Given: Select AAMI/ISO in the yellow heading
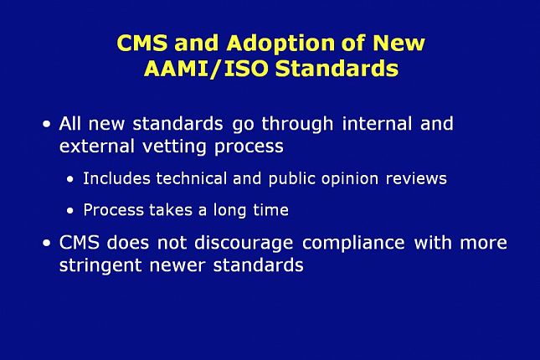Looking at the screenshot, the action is [x=206, y=69].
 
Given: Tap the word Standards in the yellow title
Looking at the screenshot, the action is [x=337, y=68].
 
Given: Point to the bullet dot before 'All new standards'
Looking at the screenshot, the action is [x=47, y=124].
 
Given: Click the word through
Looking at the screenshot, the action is [x=297, y=125].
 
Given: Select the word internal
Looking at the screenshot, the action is [x=377, y=124].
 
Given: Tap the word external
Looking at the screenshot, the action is [x=97, y=146].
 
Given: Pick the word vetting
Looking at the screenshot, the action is [x=174, y=147].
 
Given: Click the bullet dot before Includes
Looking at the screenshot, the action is [x=70, y=179].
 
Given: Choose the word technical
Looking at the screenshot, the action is [x=192, y=178].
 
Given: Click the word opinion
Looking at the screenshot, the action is [x=350, y=179].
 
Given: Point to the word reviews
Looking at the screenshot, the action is [x=416, y=179].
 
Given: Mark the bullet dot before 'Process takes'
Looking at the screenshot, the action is [x=70, y=210].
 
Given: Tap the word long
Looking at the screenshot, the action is [x=229, y=210].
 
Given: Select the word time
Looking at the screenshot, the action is [x=270, y=210].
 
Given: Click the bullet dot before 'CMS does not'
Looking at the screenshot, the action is [x=47, y=243].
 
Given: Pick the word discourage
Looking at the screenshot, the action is [x=244, y=244].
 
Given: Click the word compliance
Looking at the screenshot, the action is [x=353, y=244].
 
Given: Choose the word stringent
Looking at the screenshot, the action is [x=100, y=265].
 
